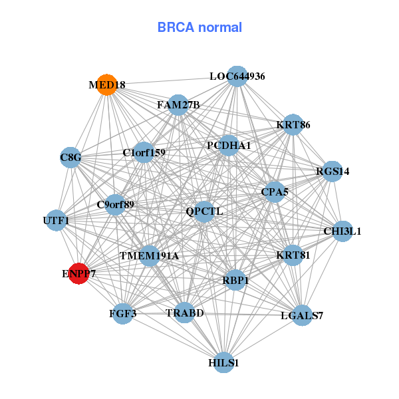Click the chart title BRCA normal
(x=199, y=27)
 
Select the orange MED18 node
(x=107, y=85)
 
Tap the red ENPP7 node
(x=78, y=273)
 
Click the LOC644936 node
(x=237, y=76)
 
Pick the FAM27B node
(x=178, y=105)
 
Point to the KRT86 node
(x=293, y=125)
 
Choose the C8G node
(x=70, y=158)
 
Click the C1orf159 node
(x=144, y=152)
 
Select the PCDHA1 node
(x=228, y=146)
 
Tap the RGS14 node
(x=332, y=172)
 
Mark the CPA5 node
(x=275, y=193)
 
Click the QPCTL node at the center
(x=204, y=211)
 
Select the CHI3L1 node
(x=342, y=231)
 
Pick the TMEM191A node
(x=149, y=255)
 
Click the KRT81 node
(x=293, y=255)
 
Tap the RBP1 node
(x=235, y=281)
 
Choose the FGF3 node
(x=122, y=313)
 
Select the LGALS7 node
(x=303, y=315)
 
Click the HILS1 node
(x=223, y=363)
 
